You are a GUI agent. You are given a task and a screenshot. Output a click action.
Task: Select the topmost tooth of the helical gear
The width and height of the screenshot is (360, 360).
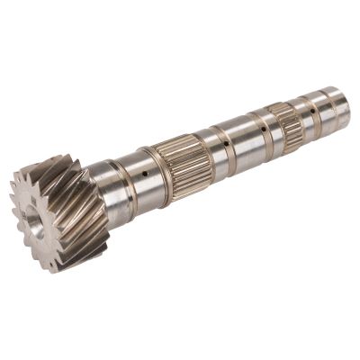(54, 162)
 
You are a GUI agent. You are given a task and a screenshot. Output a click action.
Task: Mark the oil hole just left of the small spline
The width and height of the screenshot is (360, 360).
(263, 129)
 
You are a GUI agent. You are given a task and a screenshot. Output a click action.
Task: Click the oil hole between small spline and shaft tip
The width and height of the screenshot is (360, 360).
(312, 111)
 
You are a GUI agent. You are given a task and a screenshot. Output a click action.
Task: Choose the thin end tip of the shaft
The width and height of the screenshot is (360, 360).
(342, 101)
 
